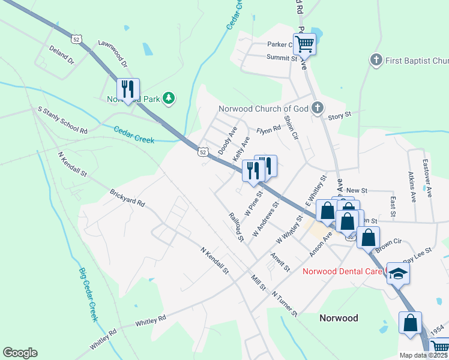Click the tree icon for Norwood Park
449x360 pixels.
pos(169,98)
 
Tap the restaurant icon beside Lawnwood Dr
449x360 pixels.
pos(128,89)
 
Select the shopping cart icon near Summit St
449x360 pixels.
pos(304,43)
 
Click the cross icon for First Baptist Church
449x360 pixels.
pos(376,60)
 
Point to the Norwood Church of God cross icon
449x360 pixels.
pos(318,108)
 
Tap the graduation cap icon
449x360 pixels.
pos(397,273)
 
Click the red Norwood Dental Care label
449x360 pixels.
pos(342,271)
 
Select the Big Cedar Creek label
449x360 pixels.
pos(88,294)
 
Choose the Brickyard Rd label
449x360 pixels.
pos(127,199)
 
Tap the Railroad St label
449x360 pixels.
pos(236,226)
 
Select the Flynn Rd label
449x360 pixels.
pos(268,130)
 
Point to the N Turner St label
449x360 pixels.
pos(285,304)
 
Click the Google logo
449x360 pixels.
pos(20,353)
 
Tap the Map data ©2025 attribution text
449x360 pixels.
pos(423,355)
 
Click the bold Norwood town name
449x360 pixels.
pos(339,318)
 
